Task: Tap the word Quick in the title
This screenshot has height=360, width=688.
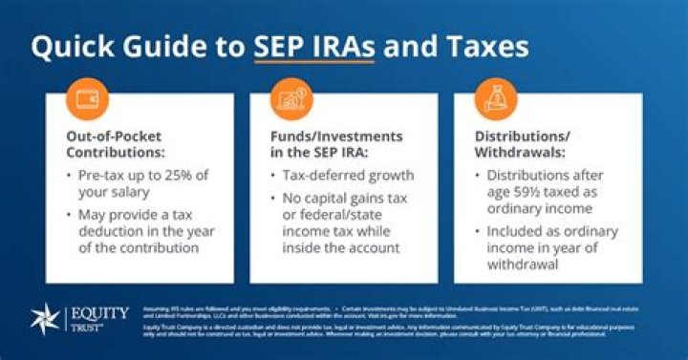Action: coord(78,50)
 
